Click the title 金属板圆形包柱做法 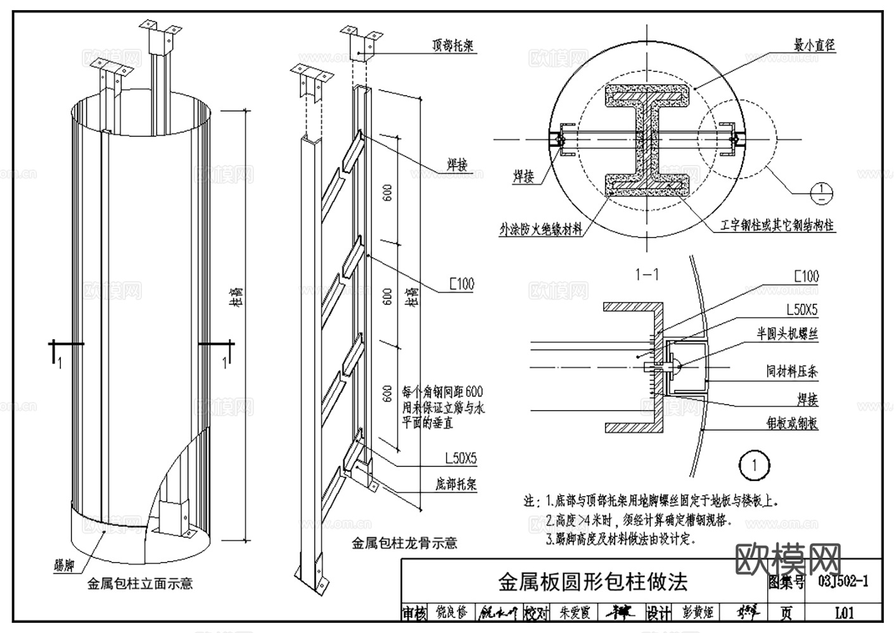pos(592,581)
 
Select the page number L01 pos(844,613)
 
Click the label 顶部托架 pos(453,46)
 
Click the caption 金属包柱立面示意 pos(140,583)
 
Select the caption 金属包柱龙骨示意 pos(404,542)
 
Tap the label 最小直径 pos(815,44)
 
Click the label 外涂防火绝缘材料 pos(541,229)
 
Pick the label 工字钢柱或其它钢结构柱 pos(777,225)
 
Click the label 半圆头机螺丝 pos(788,334)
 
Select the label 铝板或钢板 pos(792,423)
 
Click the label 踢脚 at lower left pos(65,563)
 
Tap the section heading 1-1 pos(647,274)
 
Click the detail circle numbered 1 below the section pos(754,467)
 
